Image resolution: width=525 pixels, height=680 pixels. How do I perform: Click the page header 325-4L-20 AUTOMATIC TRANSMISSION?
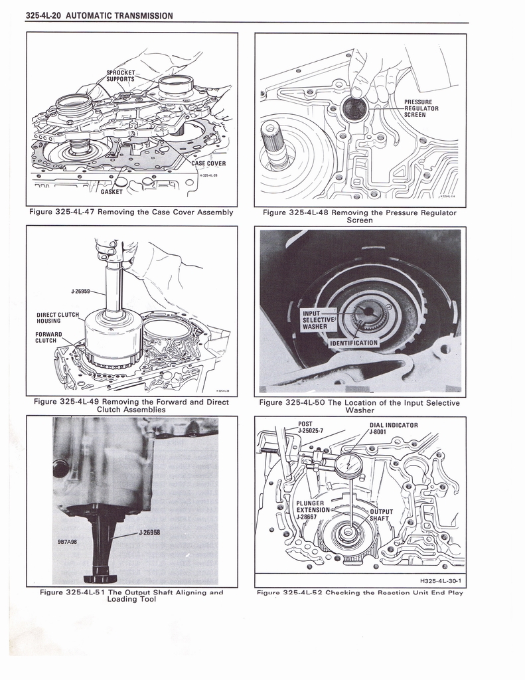click(99, 15)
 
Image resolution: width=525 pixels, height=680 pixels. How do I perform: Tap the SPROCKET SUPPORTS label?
click(121, 76)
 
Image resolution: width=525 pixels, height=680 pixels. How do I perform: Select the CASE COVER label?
click(208, 163)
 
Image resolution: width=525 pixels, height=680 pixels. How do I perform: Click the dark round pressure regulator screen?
click(355, 109)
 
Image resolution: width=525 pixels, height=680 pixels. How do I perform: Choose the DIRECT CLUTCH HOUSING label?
click(57, 318)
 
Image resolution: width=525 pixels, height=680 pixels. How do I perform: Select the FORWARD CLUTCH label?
click(49, 337)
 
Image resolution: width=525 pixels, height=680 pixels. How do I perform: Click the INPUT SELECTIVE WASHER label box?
click(319, 320)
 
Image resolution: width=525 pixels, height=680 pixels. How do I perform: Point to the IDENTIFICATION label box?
click(354, 343)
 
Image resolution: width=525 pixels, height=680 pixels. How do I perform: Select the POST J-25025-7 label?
click(310, 428)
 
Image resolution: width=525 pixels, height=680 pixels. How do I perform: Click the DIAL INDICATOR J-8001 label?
click(393, 428)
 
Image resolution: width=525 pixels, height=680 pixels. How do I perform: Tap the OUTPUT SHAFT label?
click(381, 515)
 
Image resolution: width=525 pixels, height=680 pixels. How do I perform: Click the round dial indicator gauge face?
click(348, 466)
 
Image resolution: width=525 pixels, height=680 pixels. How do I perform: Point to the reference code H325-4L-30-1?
click(440, 581)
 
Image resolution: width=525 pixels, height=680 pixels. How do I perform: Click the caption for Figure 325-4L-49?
click(131, 406)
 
